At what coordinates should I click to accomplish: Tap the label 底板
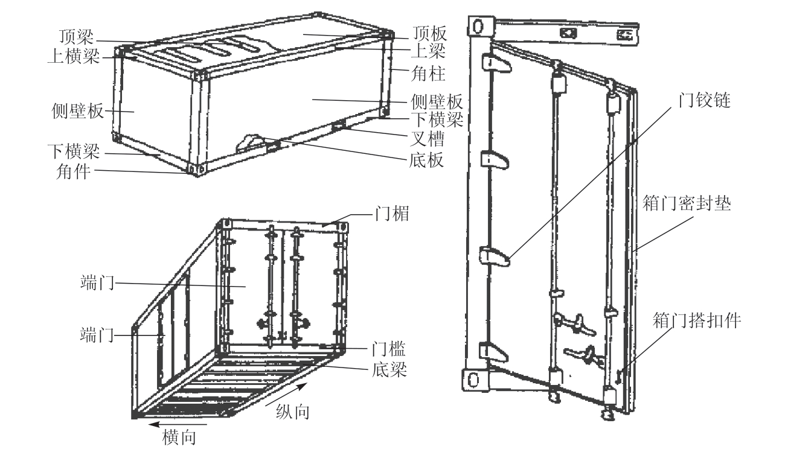[424, 160]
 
